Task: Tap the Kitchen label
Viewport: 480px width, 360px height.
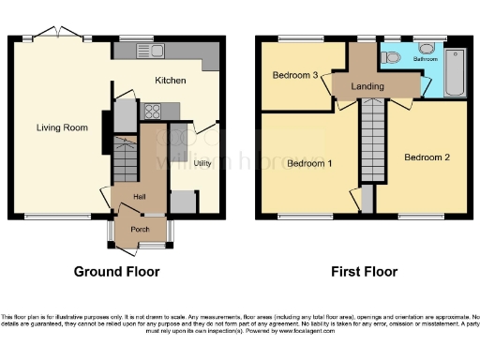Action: (x=171, y=81)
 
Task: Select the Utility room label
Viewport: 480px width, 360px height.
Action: (x=202, y=164)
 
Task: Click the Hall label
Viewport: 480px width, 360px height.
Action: (x=139, y=196)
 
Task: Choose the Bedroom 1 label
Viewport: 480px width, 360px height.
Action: (x=308, y=163)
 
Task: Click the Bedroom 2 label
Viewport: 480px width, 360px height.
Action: (x=427, y=157)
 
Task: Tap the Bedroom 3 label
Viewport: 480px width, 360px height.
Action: (x=295, y=75)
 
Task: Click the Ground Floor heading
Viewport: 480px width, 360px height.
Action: (x=116, y=272)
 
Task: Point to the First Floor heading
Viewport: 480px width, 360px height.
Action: (x=364, y=272)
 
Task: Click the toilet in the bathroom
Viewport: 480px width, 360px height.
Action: (x=393, y=58)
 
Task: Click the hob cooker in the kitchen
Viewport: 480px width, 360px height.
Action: (x=151, y=110)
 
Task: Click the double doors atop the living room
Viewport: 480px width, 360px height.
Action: (x=63, y=33)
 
